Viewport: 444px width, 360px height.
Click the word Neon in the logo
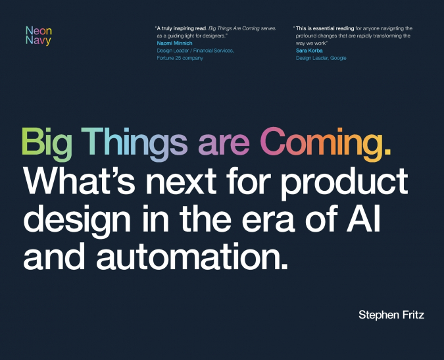(x=37, y=30)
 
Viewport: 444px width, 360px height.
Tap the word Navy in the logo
(x=37, y=41)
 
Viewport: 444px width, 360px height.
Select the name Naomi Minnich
(x=174, y=43)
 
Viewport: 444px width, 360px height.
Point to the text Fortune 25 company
(x=180, y=58)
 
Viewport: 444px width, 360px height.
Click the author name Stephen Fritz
(x=391, y=315)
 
